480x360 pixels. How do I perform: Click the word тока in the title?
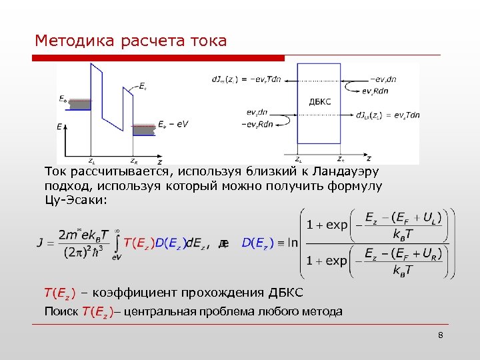[x=208, y=41]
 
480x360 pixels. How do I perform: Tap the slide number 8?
[x=441, y=335]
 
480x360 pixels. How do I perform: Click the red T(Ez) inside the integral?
[x=139, y=242]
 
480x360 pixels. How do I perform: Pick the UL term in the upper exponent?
[x=437, y=217]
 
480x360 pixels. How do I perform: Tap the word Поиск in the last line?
[x=61, y=311]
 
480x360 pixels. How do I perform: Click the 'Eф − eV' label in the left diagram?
[x=174, y=124]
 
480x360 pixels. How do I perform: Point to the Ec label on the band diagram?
[x=143, y=85]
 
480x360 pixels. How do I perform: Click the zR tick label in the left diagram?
[x=133, y=161]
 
